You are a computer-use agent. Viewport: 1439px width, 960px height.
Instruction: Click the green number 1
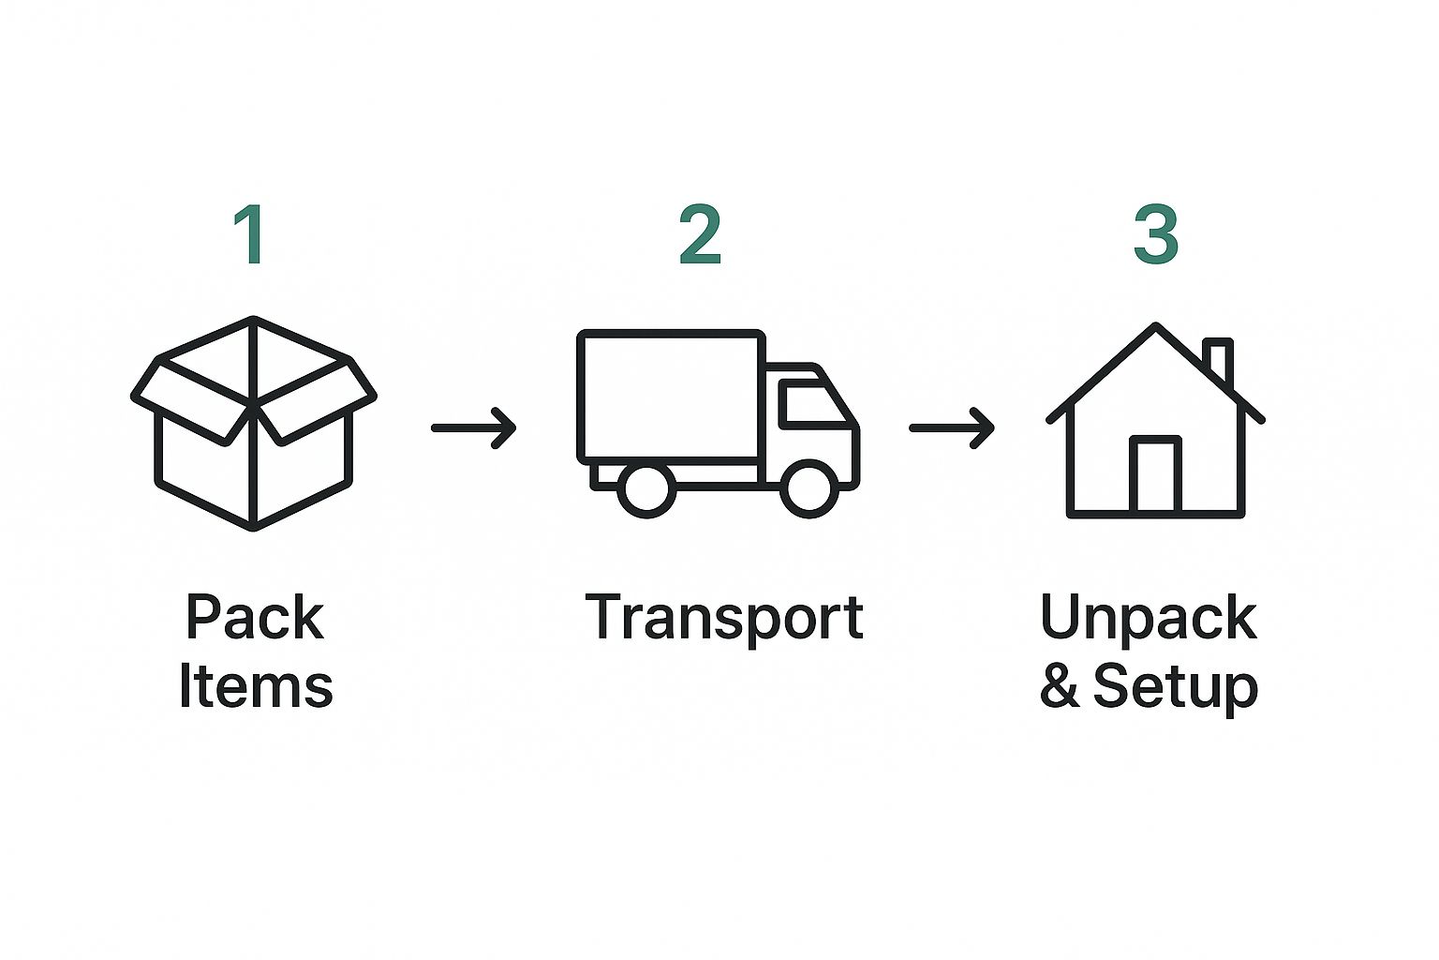click(x=250, y=234)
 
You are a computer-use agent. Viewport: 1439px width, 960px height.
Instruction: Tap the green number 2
click(x=700, y=234)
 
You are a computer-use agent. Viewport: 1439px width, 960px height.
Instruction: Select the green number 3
click(x=1155, y=234)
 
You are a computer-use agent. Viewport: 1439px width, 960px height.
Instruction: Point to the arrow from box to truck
click(x=474, y=427)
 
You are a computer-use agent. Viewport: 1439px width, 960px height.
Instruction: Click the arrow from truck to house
click(x=952, y=427)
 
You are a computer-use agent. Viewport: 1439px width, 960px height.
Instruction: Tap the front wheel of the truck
click(x=809, y=487)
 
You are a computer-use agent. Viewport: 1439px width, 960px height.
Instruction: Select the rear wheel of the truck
click(x=646, y=487)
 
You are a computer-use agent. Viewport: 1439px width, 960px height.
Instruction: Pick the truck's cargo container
click(x=671, y=397)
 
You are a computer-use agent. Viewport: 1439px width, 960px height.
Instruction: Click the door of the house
click(x=1155, y=475)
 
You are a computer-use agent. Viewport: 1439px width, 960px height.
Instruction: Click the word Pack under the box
click(x=255, y=618)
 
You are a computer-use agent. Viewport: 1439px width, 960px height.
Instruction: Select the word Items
click(x=255, y=686)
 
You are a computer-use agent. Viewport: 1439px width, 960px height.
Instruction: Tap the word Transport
click(x=724, y=618)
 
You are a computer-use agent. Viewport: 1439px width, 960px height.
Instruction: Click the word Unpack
click(x=1149, y=618)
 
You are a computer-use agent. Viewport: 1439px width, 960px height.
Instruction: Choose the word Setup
click(x=1176, y=688)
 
